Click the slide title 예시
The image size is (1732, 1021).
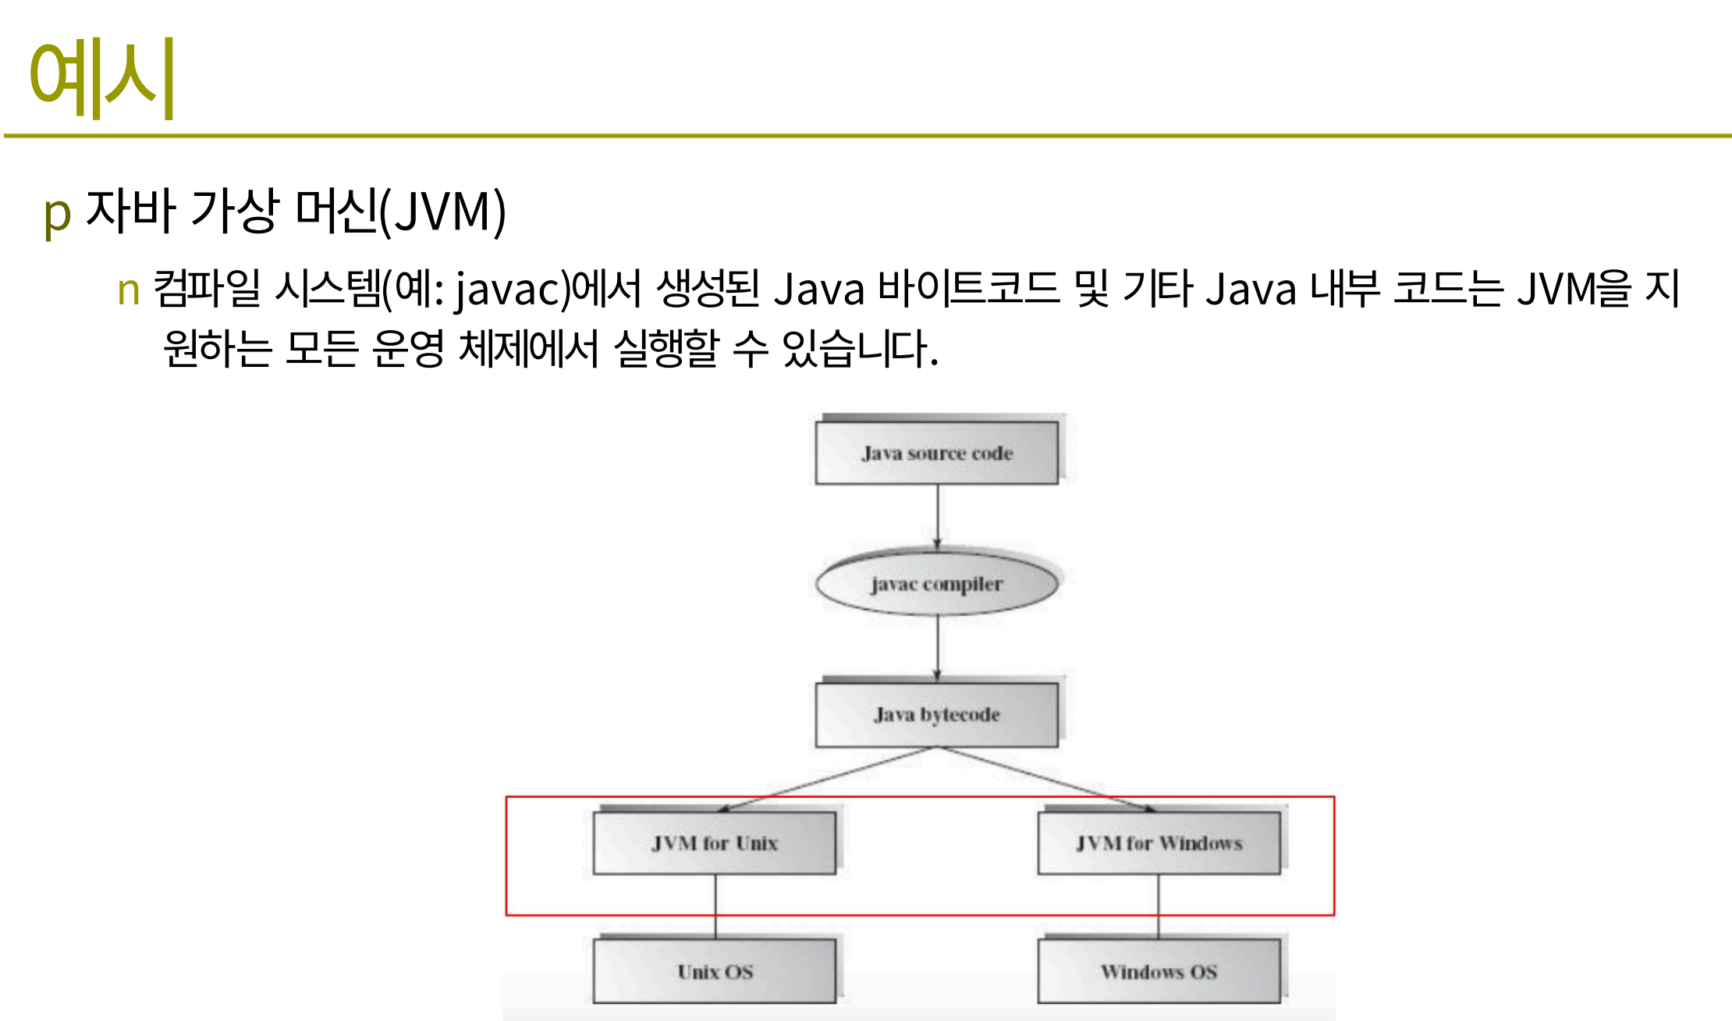click(x=101, y=78)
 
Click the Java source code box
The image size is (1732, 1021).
click(x=937, y=453)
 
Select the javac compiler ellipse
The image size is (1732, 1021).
click(x=937, y=583)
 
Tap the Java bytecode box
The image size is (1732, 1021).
click(x=937, y=714)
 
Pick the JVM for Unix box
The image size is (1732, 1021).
click(x=715, y=843)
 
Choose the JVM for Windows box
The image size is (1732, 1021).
click(x=1159, y=843)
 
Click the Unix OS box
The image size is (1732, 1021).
click(x=715, y=972)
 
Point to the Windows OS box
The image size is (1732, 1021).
click(x=1159, y=972)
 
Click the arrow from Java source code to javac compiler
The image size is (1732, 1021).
click(x=938, y=517)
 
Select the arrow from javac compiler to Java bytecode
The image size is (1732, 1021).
click(x=938, y=648)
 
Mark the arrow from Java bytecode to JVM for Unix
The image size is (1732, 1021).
click(x=827, y=779)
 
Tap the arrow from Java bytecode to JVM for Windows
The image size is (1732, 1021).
click(x=1048, y=779)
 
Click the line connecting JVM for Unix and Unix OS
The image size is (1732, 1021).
click(x=715, y=906)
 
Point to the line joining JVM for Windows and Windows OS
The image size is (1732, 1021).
click(x=1159, y=906)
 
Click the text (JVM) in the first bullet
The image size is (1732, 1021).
click(x=442, y=211)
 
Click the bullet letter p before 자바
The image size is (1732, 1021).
click(x=58, y=214)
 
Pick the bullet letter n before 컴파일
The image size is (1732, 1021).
click(x=129, y=290)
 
